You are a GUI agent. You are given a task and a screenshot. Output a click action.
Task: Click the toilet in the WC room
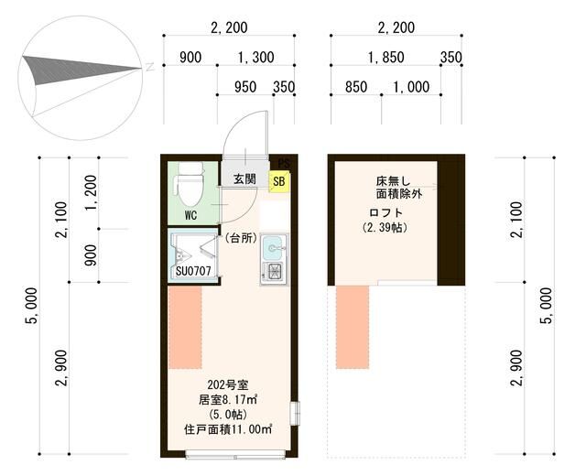[x=190, y=186]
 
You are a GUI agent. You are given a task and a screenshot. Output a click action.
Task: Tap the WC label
[x=190, y=217]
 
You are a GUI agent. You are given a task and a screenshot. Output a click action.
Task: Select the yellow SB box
[x=278, y=181]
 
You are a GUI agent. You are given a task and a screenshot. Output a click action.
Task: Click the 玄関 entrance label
[x=244, y=178]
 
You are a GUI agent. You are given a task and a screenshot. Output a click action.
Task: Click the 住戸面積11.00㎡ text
[x=227, y=429]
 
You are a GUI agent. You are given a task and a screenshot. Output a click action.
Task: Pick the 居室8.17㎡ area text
[x=227, y=399]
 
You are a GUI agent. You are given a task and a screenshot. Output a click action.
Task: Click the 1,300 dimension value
[x=255, y=58]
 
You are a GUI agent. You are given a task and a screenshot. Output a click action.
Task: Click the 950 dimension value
[x=244, y=87]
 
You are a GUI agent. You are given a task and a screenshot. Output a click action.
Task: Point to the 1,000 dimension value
[x=410, y=87]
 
